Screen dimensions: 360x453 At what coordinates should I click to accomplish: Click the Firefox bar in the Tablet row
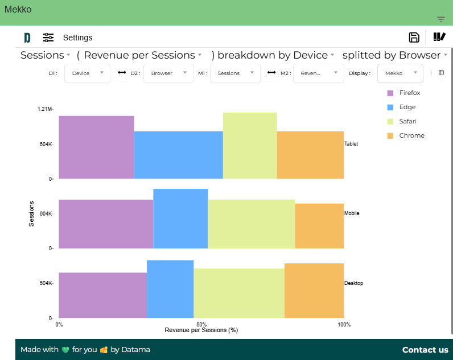pos(96,147)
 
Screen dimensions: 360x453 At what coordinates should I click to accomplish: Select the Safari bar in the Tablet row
pos(250,146)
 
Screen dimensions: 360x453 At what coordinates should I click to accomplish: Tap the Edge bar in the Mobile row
pos(180,218)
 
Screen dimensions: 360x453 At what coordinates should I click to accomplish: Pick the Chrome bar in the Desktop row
pos(314,291)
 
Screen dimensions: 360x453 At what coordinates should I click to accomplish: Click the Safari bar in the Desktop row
pos(239,293)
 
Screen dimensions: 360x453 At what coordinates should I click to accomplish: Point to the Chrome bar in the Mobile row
pos(319,226)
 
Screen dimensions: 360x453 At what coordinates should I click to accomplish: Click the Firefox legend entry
pos(409,93)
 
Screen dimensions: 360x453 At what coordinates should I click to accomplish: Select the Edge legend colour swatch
pos(390,107)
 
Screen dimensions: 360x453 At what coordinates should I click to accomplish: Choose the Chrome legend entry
pos(411,135)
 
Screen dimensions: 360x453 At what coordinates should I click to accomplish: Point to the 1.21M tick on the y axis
pos(45,109)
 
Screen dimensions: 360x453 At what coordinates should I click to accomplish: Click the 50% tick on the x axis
pos(201,324)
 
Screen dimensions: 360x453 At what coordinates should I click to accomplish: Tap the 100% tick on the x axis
pos(344,324)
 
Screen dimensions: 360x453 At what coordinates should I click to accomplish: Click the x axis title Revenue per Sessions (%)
pos(201,330)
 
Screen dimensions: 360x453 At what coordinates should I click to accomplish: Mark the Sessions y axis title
pos(32,214)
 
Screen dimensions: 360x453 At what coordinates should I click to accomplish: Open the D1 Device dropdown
pos(87,73)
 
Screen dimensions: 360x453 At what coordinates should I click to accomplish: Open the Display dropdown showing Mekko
pos(400,73)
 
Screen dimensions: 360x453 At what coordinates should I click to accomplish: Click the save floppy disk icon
pos(414,38)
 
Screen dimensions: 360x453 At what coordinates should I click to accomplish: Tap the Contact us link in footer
pos(425,350)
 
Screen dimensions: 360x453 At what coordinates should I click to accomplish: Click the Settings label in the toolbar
pos(77,38)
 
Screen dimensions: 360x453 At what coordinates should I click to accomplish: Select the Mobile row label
pos(352,213)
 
